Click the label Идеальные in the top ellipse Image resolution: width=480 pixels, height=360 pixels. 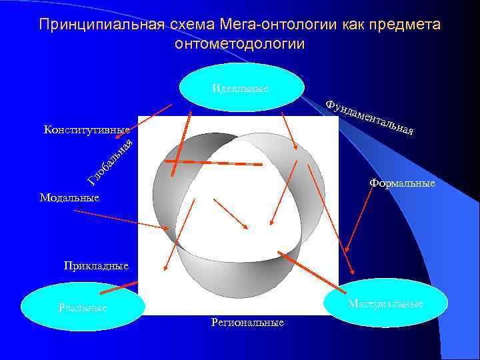241,89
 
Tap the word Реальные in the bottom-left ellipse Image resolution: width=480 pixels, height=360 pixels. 83,309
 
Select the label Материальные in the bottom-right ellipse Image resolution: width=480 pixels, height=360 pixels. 385,304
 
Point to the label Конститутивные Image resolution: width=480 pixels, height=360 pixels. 86,129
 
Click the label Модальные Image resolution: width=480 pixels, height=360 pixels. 69,197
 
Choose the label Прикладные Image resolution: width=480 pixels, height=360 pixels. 96,265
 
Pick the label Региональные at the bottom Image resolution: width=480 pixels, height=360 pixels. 247,323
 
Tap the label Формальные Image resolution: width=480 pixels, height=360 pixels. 402,183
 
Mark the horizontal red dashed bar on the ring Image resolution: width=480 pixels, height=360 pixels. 213,162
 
